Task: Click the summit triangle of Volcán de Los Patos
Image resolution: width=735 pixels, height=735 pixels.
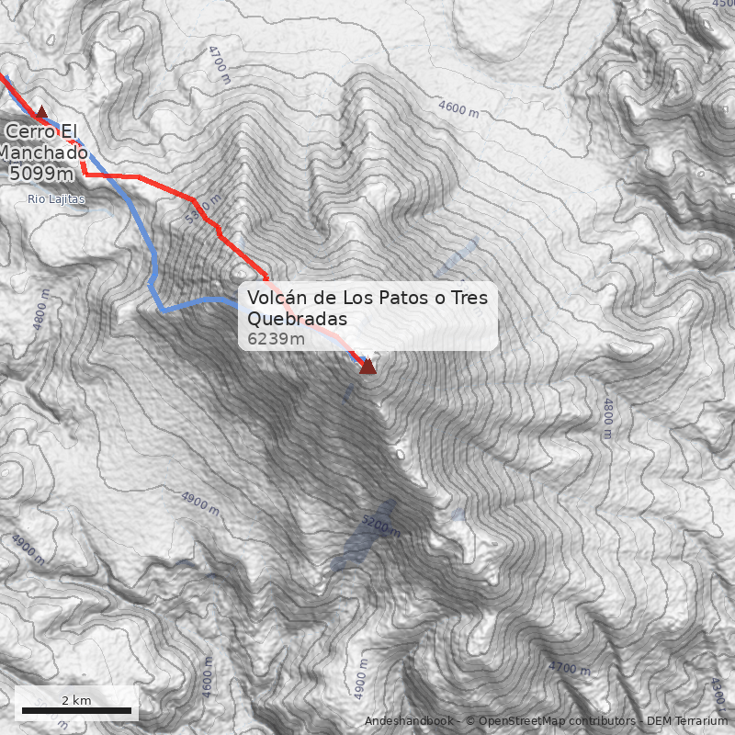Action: pyautogui.click(x=367, y=367)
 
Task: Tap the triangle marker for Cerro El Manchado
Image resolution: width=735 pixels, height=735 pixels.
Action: pyautogui.click(x=40, y=112)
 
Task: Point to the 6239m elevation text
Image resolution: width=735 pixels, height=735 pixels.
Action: pyautogui.click(x=276, y=339)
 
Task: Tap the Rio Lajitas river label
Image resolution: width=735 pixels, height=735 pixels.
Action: pyautogui.click(x=56, y=198)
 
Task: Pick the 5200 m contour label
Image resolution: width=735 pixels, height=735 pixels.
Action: pyautogui.click(x=380, y=525)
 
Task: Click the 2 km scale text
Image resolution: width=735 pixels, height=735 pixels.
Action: pyautogui.click(x=76, y=700)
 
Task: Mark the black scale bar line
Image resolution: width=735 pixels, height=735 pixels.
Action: pyautogui.click(x=76, y=711)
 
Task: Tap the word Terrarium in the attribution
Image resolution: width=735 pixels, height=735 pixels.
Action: pyautogui.click(x=700, y=721)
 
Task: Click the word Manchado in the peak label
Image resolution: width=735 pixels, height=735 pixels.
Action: pyautogui.click(x=43, y=153)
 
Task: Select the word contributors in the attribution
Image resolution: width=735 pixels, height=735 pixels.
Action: pyautogui.click(x=603, y=721)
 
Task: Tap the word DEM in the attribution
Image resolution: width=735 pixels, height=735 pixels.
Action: pyautogui.click(x=660, y=721)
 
